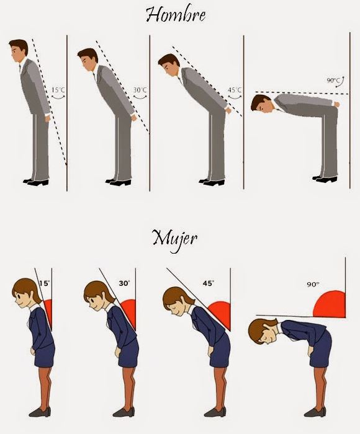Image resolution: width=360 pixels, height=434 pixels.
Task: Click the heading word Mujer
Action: (175, 239)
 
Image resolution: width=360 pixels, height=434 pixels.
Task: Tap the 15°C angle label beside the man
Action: (58, 90)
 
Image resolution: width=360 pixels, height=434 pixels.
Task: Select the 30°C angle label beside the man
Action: (140, 90)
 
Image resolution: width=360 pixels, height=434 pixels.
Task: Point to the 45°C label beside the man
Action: (235, 90)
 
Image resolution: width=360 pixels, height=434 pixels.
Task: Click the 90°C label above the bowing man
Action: (333, 80)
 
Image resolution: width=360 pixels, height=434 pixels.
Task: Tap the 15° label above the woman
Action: (44, 283)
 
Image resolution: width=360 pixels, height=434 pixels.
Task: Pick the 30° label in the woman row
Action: (124, 283)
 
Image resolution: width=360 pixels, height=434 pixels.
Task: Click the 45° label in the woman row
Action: (208, 283)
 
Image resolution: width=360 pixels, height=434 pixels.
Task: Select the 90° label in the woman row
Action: (313, 284)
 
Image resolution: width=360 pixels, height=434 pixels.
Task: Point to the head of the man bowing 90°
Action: (261, 104)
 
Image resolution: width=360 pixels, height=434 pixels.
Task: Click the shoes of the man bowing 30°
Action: (118, 182)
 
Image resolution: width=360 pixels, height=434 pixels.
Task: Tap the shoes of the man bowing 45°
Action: (212, 182)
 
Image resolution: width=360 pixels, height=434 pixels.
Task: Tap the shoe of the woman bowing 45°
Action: (215, 412)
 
